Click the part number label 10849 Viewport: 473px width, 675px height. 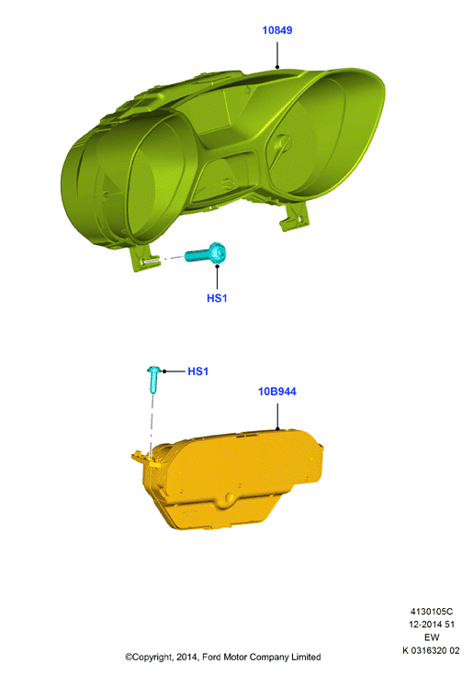pyautogui.click(x=277, y=30)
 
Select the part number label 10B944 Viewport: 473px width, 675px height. pyautogui.click(x=276, y=392)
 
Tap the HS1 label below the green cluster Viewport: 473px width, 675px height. pyautogui.click(x=217, y=298)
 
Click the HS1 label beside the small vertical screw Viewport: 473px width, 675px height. pyautogui.click(x=197, y=371)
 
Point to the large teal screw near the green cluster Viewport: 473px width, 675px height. pyautogui.click(x=206, y=253)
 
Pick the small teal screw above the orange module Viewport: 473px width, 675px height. pyautogui.click(x=154, y=380)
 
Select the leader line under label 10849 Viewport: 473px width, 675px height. pyautogui.click(x=277, y=55)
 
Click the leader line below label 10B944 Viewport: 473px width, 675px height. pyautogui.click(x=277, y=416)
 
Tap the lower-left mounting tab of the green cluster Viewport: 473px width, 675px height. pyautogui.click(x=143, y=259)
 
